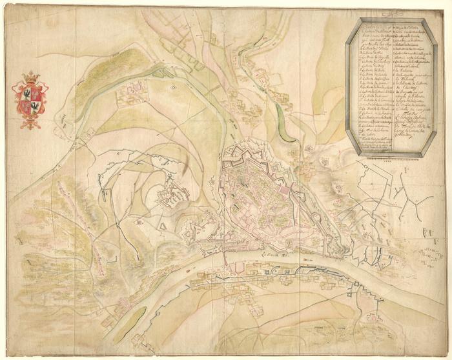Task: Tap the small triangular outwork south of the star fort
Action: click(164, 226)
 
